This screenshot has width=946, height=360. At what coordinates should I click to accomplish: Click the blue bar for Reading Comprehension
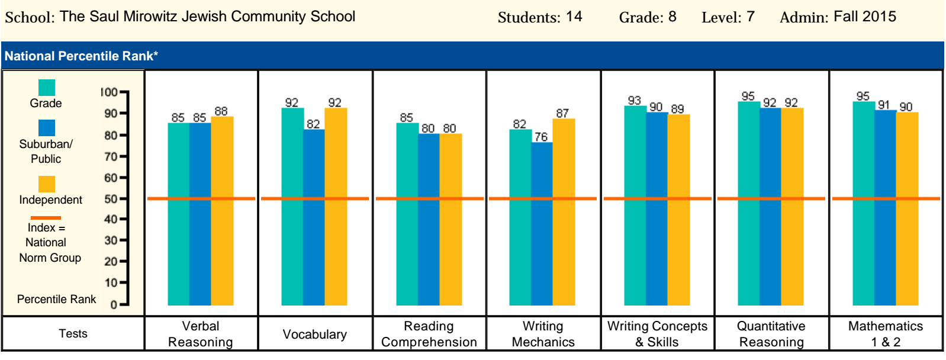(429, 219)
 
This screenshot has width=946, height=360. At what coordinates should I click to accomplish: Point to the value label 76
(541, 137)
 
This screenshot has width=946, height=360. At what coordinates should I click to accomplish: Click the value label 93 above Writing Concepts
(635, 100)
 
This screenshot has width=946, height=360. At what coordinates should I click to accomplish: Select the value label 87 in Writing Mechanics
(562, 113)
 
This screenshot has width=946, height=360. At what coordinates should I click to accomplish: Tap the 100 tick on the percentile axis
(110, 92)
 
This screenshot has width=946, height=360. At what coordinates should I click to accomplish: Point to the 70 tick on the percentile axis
(111, 157)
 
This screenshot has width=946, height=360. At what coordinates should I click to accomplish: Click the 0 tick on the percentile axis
(114, 305)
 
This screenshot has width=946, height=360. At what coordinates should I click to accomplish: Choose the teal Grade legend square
(47, 88)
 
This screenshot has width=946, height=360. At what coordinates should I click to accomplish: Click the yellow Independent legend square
(47, 184)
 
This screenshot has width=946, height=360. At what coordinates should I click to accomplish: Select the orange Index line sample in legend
(46, 218)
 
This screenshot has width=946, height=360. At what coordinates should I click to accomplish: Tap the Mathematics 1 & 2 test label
(886, 334)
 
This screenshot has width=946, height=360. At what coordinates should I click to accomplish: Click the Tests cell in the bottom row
(73, 333)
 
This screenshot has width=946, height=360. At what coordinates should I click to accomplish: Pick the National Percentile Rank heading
(81, 56)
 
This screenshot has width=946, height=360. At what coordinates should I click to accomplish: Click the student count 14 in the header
(574, 17)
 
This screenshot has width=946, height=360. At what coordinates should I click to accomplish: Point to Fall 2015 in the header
(865, 17)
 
